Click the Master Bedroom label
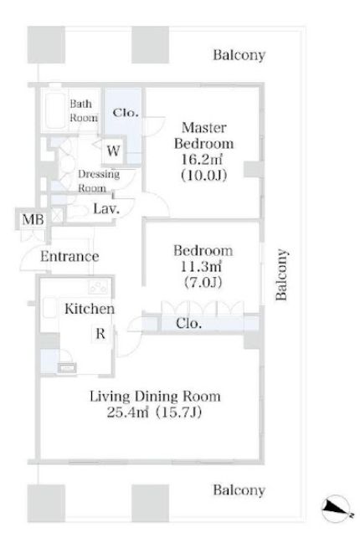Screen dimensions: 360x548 204,136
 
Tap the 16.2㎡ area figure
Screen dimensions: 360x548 202,159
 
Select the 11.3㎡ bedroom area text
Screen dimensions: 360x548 201,267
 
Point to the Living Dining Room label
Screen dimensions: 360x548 155,397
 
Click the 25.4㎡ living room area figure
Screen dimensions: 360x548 127,412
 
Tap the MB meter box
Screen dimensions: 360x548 33,219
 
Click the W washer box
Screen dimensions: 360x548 113,151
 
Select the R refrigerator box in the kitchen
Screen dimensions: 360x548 100,334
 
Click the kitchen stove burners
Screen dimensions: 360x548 98,287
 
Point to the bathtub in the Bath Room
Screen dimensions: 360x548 54,110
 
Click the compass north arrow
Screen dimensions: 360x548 337,508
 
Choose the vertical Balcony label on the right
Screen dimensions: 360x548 280,274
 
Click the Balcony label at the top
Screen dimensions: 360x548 239,55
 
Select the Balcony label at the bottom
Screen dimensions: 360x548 239,490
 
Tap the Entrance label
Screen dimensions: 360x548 69,256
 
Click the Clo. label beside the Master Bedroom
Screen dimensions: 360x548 126,113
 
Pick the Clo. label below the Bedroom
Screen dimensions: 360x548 189,323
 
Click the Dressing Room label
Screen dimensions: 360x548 99,181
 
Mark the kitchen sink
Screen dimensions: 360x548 49,308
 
